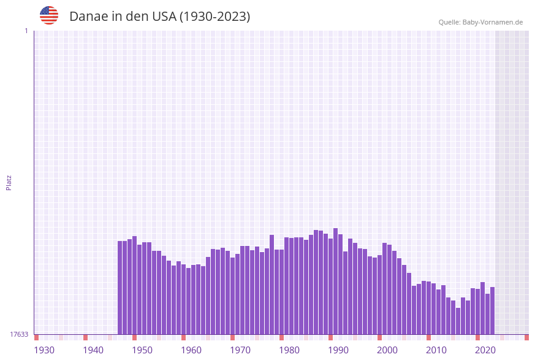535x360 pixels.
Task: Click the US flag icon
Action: click(x=49, y=15)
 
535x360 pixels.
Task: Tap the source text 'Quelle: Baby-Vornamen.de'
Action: click(x=480, y=22)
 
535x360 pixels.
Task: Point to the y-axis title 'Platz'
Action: click(x=9, y=182)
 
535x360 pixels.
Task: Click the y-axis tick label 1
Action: click(x=26, y=31)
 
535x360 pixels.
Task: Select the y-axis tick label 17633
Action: click(x=19, y=334)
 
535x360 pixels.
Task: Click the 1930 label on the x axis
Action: click(x=44, y=350)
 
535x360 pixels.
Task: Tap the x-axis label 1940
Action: click(x=93, y=350)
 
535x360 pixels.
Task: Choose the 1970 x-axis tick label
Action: click(x=240, y=350)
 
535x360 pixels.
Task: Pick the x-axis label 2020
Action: click(x=485, y=350)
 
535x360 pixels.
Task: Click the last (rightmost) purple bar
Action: click(x=492, y=310)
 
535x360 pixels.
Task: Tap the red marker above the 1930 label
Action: click(x=37, y=337)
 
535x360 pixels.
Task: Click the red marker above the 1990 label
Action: click(x=331, y=337)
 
